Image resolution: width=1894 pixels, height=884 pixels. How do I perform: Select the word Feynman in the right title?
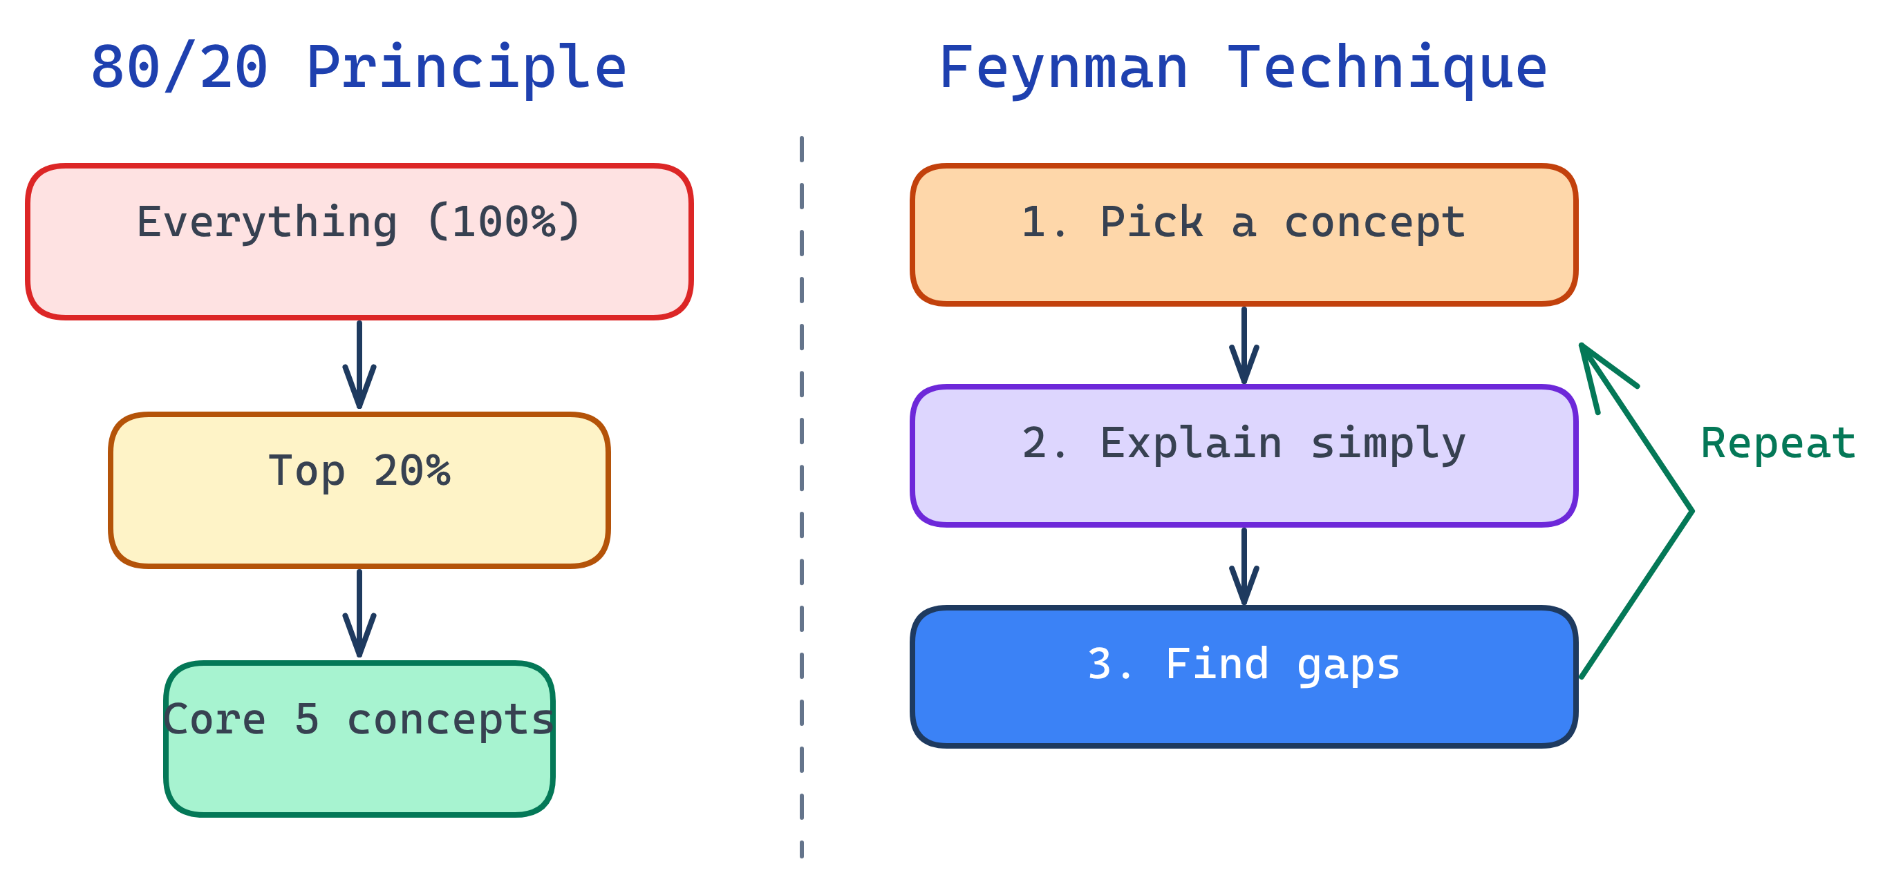(x=1063, y=68)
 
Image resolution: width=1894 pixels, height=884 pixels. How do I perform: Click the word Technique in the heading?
(x=1387, y=68)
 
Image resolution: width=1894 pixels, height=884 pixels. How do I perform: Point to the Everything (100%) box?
(x=359, y=272)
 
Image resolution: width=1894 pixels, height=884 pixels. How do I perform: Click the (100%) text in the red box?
(x=504, y=222)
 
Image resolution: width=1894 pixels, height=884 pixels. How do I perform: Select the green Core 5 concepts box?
(x=359, y=771)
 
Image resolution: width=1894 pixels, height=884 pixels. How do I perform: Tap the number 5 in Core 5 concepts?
(x=307, y=720)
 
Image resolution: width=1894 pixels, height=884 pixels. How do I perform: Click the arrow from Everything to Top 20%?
(x=359, y=364)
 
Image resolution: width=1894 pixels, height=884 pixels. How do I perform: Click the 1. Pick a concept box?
(x=1244, y=265)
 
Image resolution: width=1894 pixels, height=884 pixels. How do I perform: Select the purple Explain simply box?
(x=1244, y=485)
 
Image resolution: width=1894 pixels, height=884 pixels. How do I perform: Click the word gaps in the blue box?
(x=1348, y=665)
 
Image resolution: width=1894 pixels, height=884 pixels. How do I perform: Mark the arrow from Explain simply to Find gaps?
(x=1244, y=565)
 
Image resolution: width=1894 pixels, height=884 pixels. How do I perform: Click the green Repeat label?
(x=1777, y=443)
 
